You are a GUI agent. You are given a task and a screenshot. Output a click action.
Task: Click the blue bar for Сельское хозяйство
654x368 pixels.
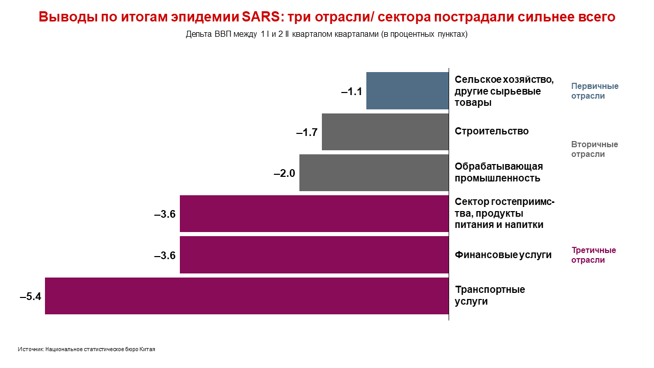coord(407,90)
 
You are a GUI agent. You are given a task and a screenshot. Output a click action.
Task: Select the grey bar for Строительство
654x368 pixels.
coord(385,132)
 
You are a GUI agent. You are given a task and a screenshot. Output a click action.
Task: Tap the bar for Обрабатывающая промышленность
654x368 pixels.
coord(374,173)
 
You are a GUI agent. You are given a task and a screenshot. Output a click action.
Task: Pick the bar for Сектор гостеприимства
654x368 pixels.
coord(314,214)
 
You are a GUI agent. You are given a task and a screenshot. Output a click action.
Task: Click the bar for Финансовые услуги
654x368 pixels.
coord(314,255)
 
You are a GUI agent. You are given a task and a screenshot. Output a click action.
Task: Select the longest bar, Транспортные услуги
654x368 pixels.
coord(247,296)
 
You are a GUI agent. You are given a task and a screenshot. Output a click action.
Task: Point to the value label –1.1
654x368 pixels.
coord(352,92)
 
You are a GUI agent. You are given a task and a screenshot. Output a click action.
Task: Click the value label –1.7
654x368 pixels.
coord(307,133)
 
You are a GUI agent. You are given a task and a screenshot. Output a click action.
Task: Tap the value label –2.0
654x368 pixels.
coord(285,174)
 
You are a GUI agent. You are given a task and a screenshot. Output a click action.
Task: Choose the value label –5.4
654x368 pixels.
coord(30,296)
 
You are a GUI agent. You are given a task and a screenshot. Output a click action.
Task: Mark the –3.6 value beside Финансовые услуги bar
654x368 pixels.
coord(165,256)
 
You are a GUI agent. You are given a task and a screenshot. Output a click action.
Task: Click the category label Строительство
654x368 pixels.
coord(492,131)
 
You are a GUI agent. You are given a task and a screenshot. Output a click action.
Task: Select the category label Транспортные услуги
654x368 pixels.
coord(489,295)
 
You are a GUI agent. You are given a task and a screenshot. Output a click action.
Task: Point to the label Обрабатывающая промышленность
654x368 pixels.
coord(498,172)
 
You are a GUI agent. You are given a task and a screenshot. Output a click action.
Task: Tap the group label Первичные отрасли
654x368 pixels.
coord(594,91)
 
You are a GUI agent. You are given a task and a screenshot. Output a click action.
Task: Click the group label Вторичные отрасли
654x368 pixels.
coord(594,149)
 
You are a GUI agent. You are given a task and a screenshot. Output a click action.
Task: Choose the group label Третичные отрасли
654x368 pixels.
coord(593,255)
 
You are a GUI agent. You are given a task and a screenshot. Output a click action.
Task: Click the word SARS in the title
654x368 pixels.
coord(260,17)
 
